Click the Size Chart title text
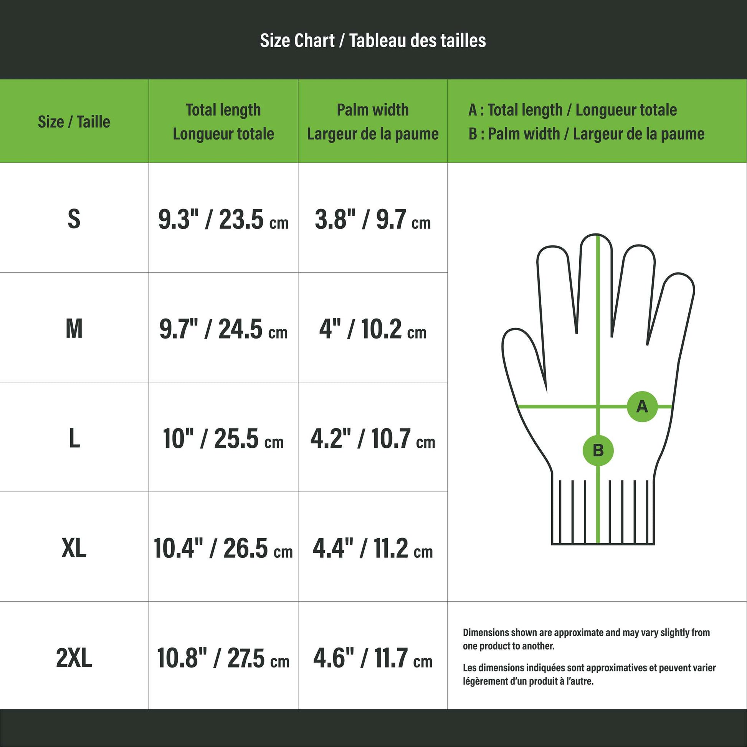pos(373,41)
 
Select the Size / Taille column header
pos(74,122)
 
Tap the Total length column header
pos(223,122)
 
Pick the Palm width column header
pos(373,122)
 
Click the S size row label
pos(74,219)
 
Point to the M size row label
pos(74,329)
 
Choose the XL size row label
pos(74,548)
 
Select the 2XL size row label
pos(74,658)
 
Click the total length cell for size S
pos(223,219)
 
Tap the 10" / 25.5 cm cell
pos(223,439)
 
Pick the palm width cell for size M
pos(373,329)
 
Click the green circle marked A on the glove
pos(642,407)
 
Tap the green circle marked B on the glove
pos(598,450)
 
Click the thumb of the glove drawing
pos(522,356)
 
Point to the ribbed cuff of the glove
pos(603,512)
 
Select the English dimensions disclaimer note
pos(587,639)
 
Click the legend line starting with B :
pos(587,134)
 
